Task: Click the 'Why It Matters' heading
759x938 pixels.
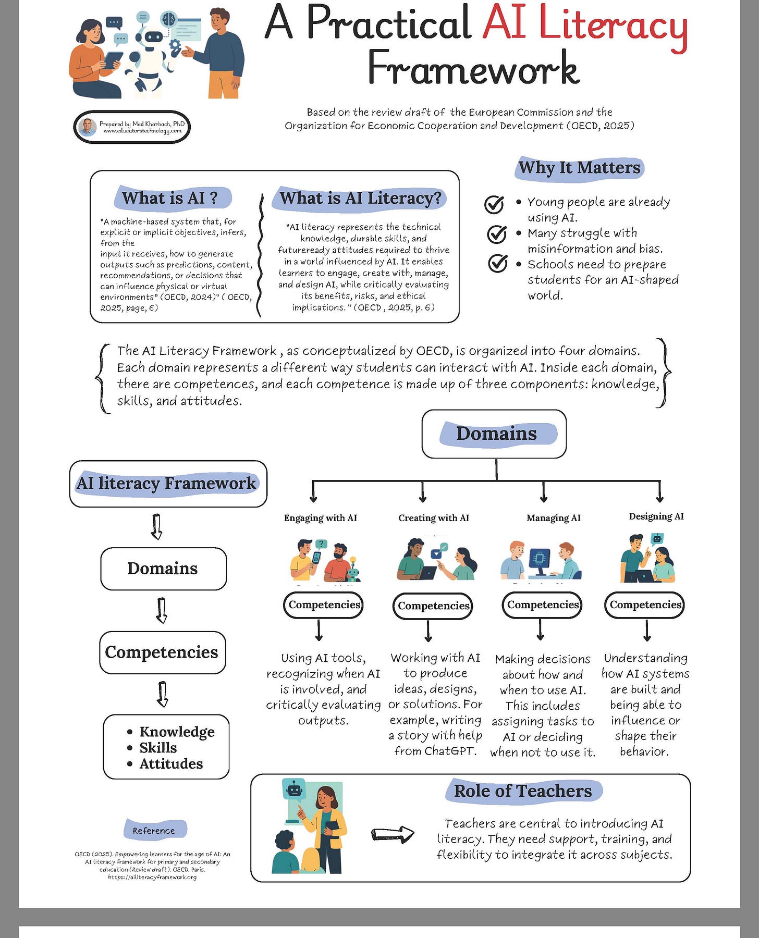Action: (x=579, y=168)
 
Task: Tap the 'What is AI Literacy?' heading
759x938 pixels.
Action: (x=360, y=198)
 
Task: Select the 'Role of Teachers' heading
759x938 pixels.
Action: (x=523, y=791)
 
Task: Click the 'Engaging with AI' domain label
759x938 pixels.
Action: (x=320, y=517)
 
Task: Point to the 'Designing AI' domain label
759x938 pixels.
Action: (x=656, y=516)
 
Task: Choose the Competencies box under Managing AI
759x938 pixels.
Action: (x=542, y=604)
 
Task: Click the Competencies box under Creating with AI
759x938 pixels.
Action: (x=433, y=606)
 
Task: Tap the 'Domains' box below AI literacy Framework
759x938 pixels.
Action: (x=163, y=568)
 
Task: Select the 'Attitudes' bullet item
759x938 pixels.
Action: (x=171, y=763)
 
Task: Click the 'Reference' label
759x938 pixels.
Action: (x=154, y=830)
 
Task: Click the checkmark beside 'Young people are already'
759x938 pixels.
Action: (x=494, y=204)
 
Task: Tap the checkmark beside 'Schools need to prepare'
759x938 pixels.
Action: (x=497, y=263)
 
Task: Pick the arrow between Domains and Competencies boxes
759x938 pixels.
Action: (x=162, y=610)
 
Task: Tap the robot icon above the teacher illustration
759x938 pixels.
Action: (x=295, y=790)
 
